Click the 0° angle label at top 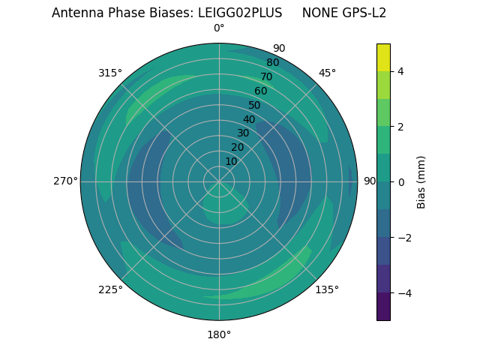[219, 28]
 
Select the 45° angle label [327, 73]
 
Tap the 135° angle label [327, 289]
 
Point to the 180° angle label [219, 334]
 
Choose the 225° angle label [110, 289]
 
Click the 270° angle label [65, 181]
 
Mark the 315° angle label [110, 73]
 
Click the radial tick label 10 [232, 161]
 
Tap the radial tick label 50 [254, 106]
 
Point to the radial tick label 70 [266, 77]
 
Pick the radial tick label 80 [272, 63]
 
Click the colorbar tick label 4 [400, 71]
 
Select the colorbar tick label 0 [400, 182]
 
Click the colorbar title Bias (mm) [421, 182]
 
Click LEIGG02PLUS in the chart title [240, 13]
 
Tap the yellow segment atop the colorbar [383, 57]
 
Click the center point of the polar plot [219, 181]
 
